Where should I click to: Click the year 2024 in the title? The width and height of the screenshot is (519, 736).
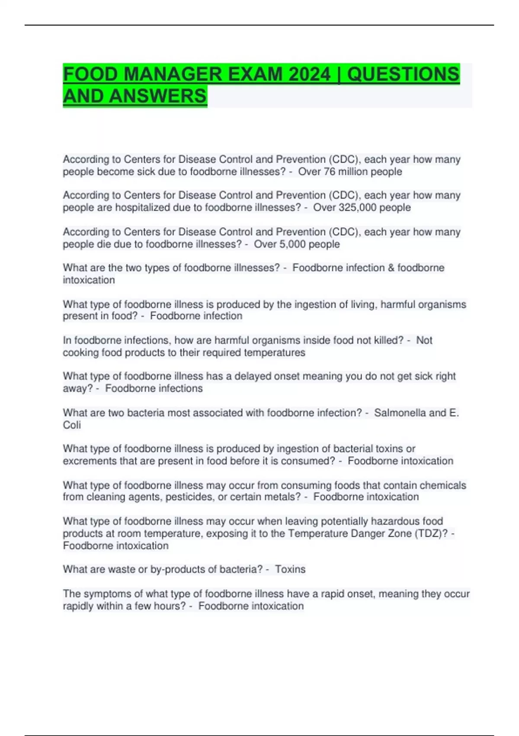[309, 74]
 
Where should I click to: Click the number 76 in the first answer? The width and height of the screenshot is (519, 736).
[330, 171]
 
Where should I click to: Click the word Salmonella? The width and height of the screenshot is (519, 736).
[400, 413]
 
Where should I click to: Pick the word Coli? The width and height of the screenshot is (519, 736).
[72, 425]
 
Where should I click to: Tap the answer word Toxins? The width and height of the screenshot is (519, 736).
[290, 569]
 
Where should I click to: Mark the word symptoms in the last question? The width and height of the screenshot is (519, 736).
[105, 594]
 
